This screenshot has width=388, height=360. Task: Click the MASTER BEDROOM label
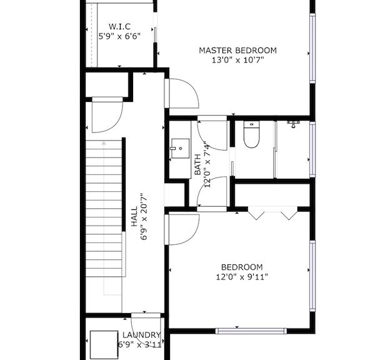click(x=238, y=51)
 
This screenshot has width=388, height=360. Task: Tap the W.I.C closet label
click(x=119, y=26)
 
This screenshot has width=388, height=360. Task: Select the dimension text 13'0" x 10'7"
click(x=238, y=60)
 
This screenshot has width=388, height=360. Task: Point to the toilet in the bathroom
click(x=251, y=134)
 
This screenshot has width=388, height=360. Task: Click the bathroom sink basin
click(x=181, y=148)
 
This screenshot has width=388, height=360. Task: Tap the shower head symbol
click(x=293, y=124)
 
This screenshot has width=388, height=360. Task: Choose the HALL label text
click(x=134, y=216)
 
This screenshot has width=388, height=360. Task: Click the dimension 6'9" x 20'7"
click(x=144, y=217)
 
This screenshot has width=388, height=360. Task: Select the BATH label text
click(x=197, y=164)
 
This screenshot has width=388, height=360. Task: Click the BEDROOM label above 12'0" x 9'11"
click(x=242, y=267)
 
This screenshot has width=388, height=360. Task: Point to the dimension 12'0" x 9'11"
click(x=242, y=277)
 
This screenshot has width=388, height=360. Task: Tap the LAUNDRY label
click(x=142, y=335)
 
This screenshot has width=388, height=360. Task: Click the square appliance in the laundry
click(x=104, y=344)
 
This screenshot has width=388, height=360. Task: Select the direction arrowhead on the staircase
click(x=104, y=143)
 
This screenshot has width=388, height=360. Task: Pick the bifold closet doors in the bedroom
click(x=272, y=213)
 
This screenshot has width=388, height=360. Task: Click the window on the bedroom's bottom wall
click(x=251, y=331)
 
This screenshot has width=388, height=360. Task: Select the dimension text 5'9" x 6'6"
click(x=119, y=37)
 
